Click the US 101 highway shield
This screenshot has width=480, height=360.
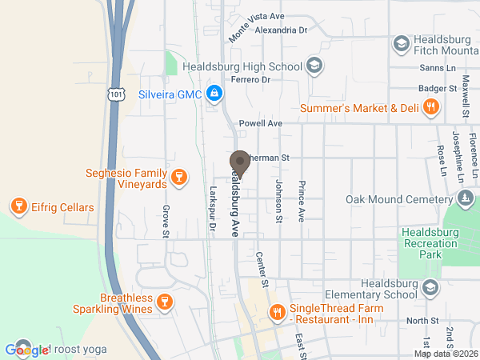coord(116,94)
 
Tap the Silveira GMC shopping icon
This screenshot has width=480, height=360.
coord(214,94)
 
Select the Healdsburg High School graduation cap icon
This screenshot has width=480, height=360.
coord(314,66)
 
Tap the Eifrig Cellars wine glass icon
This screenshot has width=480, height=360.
coord(18,207)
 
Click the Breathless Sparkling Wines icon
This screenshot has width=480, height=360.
coord(163,302)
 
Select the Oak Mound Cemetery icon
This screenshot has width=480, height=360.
coord(465,198)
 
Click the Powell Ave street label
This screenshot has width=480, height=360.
coord(261,123)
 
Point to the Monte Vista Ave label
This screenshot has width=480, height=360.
coord(256,27)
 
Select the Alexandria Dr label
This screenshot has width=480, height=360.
coord(281,30)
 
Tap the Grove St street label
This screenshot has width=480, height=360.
coord(166,222)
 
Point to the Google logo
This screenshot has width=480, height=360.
coord(26,350)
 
